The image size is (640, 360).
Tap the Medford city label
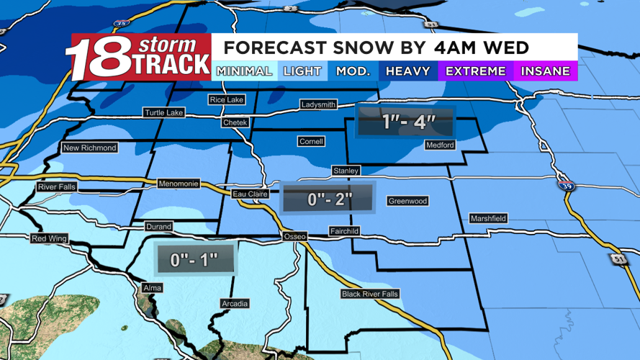click(x=440, y=145)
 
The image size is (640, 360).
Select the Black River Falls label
click(x=370, y=294)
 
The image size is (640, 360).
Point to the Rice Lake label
click(x=227, y=99)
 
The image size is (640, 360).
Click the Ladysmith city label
click(x=318, y=105)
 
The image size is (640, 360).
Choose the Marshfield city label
click(x=488, y=218)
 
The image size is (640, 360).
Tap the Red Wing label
click(x=49, y=238)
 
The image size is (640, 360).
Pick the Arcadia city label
click(x=235, y=304)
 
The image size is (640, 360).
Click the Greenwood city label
click(x=407, y=201)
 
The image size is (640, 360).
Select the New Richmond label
click(x=90, y=148)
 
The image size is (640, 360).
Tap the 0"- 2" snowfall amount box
click(x=328, y=198)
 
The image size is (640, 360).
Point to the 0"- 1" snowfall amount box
click(x=195, y=259)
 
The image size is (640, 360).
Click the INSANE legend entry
click(x=545, y=71)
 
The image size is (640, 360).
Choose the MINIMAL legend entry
click(x=244, y=71)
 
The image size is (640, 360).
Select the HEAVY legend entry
click(x=407, y=71)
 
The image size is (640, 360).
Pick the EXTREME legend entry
click(x=476, y=71)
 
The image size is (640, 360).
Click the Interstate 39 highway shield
click(x=565, y=185)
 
